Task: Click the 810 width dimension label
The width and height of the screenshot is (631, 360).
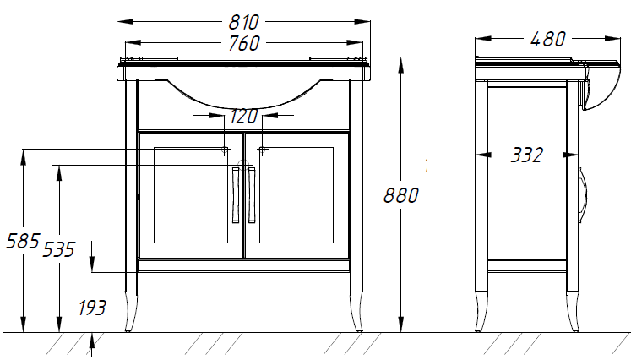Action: point(243,22)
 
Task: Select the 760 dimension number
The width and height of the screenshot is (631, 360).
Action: point(244,43)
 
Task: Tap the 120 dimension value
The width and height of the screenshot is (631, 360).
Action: point(243,117)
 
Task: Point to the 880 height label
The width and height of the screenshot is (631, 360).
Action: point(400,195)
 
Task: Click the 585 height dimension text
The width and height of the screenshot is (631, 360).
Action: point(23,241)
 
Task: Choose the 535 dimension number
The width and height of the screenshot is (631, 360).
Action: point(59,249)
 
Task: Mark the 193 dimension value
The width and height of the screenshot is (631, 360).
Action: point(92,308)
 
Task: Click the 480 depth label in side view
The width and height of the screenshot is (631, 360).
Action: point(548,40)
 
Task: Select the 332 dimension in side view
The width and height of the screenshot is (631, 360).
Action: point(527,155)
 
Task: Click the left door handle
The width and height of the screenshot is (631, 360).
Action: point(236,195)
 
